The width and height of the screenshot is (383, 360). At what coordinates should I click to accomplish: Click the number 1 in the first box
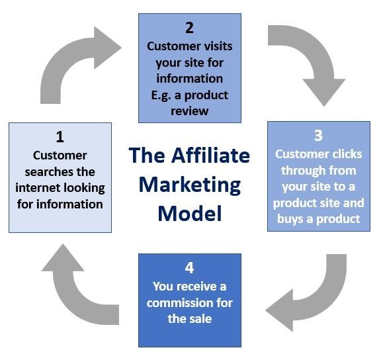tap(60, 137)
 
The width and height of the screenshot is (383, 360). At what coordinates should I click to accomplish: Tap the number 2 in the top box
tap(190, 28)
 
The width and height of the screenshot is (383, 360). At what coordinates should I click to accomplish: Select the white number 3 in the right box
tap(319, 136)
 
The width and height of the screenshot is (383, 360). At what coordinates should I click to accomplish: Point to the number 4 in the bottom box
tap(190, 268)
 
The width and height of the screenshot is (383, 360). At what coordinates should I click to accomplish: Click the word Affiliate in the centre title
tap(210, 156)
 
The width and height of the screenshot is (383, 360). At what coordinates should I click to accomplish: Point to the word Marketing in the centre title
tap(190, 185)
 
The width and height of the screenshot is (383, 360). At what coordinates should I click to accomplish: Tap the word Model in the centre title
tap(190, 214)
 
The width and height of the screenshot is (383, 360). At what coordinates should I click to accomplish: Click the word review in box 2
tap(190, 111)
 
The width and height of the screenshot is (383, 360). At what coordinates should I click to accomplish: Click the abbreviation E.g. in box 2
tap(161, 95)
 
